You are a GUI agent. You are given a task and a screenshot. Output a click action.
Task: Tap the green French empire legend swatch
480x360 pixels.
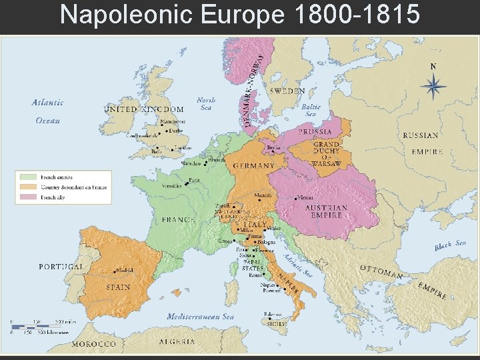29,177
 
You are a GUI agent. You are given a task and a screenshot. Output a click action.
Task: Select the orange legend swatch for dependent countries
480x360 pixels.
29,187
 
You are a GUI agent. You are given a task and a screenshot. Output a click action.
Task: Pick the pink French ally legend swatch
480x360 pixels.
29,197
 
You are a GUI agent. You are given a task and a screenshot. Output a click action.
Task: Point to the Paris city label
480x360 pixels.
195,179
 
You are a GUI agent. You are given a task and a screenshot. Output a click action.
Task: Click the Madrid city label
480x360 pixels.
123,270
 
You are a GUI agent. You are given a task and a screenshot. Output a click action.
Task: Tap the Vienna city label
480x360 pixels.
307,198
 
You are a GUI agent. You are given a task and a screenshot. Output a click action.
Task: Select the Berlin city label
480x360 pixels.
273,147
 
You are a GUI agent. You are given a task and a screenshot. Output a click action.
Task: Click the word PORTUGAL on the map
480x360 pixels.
61,266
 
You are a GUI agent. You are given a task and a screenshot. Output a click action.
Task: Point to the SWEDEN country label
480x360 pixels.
287,91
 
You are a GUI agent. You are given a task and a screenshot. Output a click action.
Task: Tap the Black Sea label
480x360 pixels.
451,246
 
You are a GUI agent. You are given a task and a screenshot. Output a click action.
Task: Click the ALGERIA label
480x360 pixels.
177,341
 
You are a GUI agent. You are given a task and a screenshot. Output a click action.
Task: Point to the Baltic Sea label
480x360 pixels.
311,110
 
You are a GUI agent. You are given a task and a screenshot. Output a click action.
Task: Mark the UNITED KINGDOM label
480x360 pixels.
143,109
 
